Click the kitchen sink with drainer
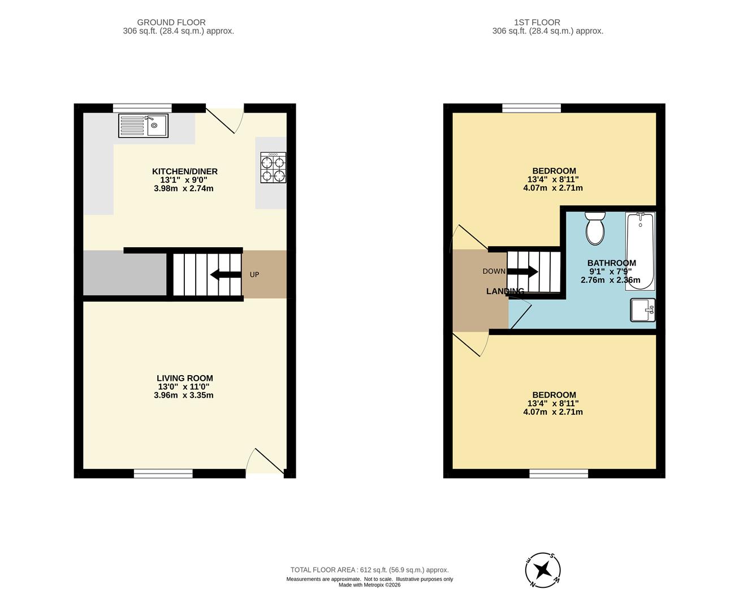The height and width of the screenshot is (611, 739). coord(143,126)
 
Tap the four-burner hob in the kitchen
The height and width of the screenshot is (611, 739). coord(273,167)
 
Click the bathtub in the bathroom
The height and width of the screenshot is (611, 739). coord(640,251)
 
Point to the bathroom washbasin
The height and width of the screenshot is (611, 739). coord(643,310)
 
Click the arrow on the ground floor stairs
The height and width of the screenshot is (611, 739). coord(225,275)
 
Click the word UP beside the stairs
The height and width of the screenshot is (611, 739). coord(254,275)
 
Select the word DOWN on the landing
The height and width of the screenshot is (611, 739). coord(494,272)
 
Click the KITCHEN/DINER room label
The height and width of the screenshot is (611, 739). coord(184,171)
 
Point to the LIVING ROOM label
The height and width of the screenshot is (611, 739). coord(184,378)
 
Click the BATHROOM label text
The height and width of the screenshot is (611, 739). coord(611,263)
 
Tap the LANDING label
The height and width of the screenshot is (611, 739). coord(505,291)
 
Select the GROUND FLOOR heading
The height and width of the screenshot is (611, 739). coord(179,23)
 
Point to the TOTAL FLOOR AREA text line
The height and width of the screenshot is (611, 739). coord(369,570)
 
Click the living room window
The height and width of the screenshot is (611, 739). coord(163,474)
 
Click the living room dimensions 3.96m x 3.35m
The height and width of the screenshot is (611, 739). coord(183,395)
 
